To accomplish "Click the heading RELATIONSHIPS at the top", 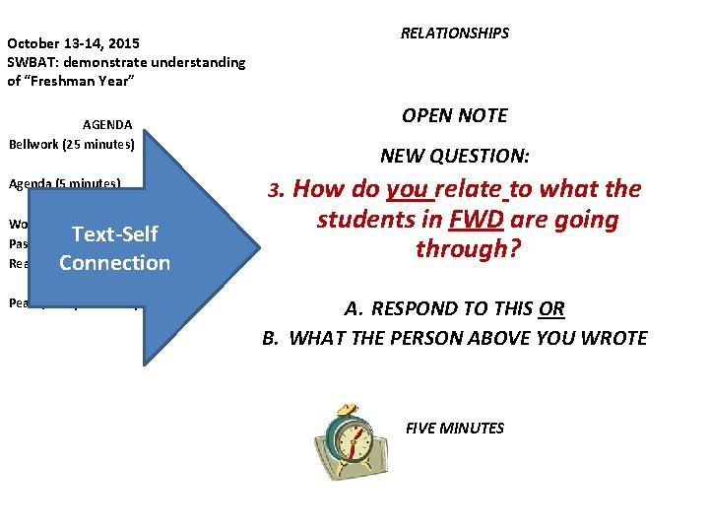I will (454, 33).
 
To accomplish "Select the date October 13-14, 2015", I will (74, 43).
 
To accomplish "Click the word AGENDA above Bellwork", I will (107, 125).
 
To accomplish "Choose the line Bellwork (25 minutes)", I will (71, 143).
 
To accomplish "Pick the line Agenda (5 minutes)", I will (65, 183).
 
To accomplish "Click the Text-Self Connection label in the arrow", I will (114, 248).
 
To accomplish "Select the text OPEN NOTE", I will (454, 115).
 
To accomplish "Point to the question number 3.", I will (279, 190).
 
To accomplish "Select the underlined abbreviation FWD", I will (477, 219).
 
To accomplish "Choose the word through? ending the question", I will (467, 248).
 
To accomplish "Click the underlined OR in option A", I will (551, 308).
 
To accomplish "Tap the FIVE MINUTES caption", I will (455, 428).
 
